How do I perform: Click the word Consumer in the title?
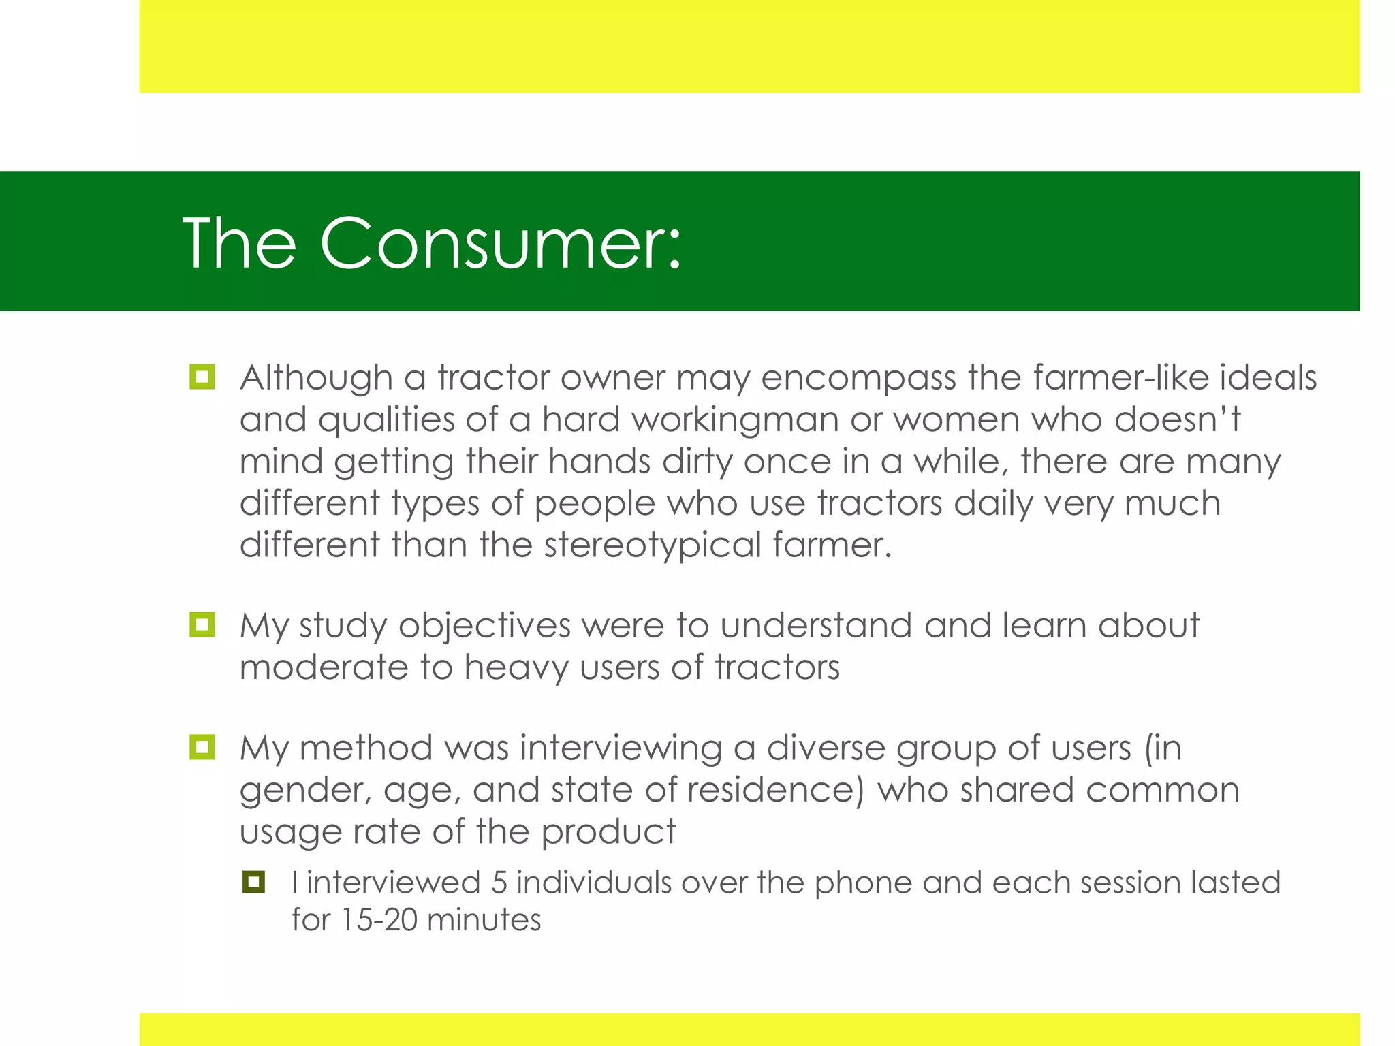pos(500,244)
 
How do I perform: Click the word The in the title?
pos(239,244)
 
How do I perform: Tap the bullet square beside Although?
pos(202,377)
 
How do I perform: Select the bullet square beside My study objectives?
pos(202,624)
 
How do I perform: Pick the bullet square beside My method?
pos(202,747)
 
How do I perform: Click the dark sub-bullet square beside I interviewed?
pos(253,882)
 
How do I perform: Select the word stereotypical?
pos(652,545)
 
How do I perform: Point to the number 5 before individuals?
pos(499,883)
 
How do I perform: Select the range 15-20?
pos(378,920)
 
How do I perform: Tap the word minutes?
pos(484,920)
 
